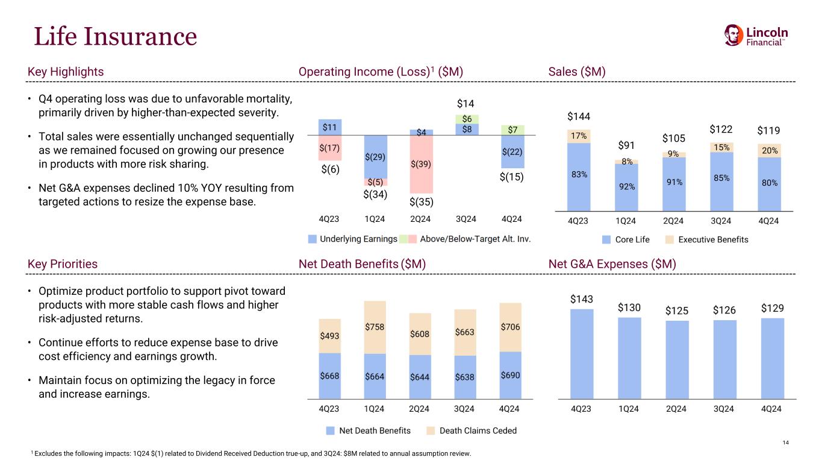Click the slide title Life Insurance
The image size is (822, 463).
(x=115, y=36)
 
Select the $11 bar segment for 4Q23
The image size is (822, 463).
(x=329, y=127)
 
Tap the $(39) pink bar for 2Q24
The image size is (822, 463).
(x=420, y=163)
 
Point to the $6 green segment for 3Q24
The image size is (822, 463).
(x=466, y=119)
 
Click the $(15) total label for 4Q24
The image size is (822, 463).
(x=512, y=178)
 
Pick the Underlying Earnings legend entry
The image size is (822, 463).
(x=352, y=239)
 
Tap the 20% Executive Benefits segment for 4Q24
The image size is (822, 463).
(x=768, y=151)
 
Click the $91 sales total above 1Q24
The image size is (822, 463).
(x=627, y=145)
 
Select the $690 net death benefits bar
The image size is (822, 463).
(x=510, y=375)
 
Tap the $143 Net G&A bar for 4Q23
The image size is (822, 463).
(x=581, y=353)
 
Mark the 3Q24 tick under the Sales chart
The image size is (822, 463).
(x=721, y=221)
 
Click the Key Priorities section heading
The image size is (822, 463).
(x=63, y=264)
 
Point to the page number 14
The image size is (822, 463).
(x=785, y=444)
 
